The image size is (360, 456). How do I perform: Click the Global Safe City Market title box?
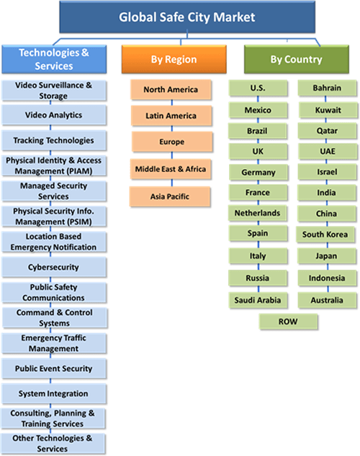(187, 17)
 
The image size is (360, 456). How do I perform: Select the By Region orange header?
(174, 59)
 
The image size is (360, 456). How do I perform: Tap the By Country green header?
(297, 59)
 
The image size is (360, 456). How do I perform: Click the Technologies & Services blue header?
(54, 59)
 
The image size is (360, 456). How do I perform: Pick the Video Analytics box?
(54, 115)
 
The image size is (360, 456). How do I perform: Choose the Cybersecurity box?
(54, 267)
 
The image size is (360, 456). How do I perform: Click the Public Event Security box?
(54, 368)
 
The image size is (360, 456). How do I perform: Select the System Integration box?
(54, 393)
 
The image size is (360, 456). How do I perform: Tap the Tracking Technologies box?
(54, 140)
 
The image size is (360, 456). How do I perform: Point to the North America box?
(171, 90)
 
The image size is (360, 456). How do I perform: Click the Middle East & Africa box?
(171, 169)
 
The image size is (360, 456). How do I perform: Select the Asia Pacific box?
(170, 196)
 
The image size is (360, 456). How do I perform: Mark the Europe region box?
(172, 142)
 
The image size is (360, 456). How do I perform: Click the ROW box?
(289, 322)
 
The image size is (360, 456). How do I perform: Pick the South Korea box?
(325, 234)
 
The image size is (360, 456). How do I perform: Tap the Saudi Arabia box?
(258, 300)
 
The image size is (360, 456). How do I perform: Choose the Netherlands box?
(258, 213)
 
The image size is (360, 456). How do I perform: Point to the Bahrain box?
(327, 88)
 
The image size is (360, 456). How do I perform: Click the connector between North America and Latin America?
(171, 103)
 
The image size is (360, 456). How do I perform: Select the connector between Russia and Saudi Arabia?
(258, 289)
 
